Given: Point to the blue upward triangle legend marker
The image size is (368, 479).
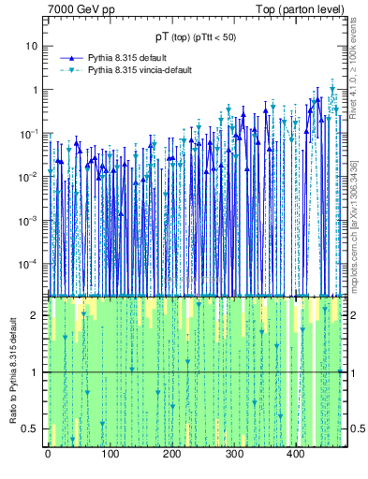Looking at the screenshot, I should pyautogui.click(x=70, y=57).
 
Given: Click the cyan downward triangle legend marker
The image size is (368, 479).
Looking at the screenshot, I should pyautogui.click(x=70, y=70).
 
